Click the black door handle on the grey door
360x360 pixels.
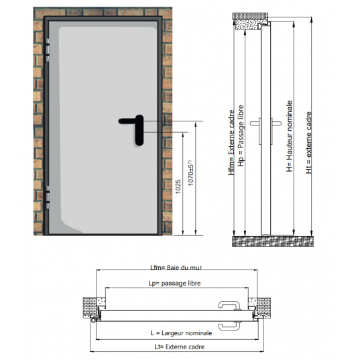137,127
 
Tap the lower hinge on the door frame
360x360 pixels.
49,200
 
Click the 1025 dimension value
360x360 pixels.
178,187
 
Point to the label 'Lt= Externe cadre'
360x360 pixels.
176,347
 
